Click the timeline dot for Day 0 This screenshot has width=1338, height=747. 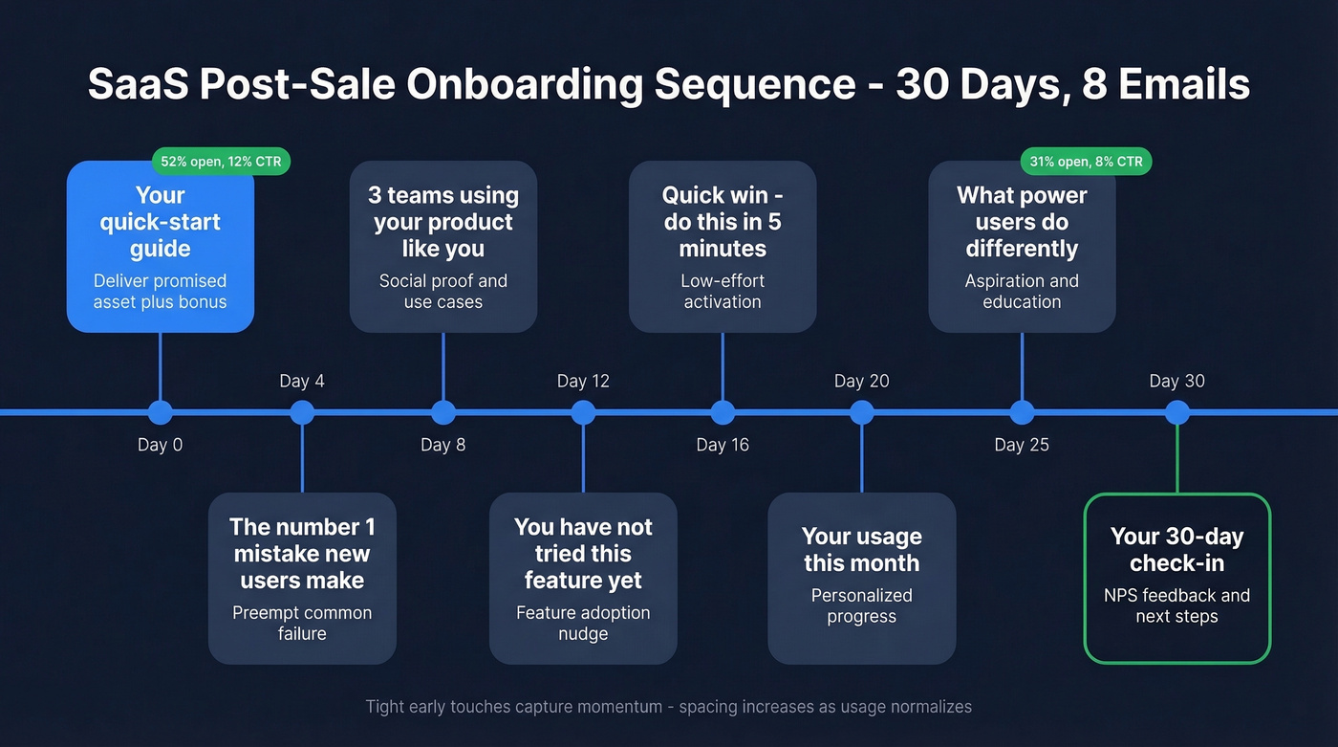[160, 412]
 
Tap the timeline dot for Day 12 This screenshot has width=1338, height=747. [583, 412]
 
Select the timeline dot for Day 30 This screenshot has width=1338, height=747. [1177, 412]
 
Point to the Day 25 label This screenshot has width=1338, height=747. [1022, 445]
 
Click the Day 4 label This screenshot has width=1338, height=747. [302, 381]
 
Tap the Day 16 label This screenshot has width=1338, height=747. [723, 445]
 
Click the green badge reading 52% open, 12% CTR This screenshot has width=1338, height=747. [221, 162]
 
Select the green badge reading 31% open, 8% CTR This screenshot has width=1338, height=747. [1088, 162]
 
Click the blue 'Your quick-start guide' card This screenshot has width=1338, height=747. [160, 247]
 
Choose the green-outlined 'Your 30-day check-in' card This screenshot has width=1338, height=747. [1176, 578]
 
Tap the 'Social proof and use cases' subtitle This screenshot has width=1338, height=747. [442, 292]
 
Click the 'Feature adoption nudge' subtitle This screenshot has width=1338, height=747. [583, 624]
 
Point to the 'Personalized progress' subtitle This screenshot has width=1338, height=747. [861, 605]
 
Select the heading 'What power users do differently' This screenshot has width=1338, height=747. [1022, 222]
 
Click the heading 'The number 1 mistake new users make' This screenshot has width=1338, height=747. [302, 554]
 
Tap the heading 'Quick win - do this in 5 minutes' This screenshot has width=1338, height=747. [723, 222]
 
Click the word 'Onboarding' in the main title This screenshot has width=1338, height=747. [523, 84]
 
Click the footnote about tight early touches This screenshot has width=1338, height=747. [668, 707]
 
